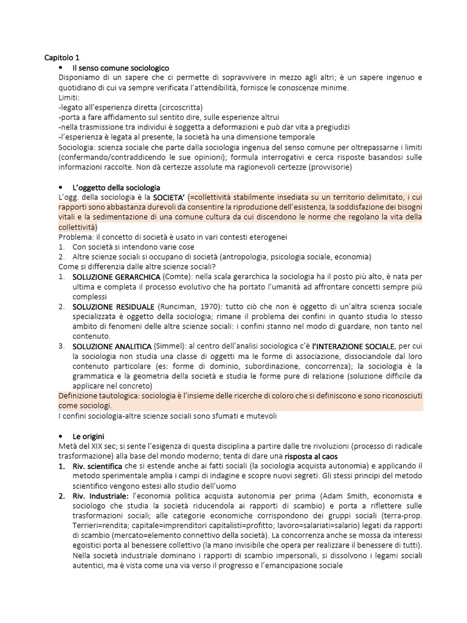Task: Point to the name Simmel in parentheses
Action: coord(169,346)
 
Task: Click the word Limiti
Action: coord(69,97)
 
